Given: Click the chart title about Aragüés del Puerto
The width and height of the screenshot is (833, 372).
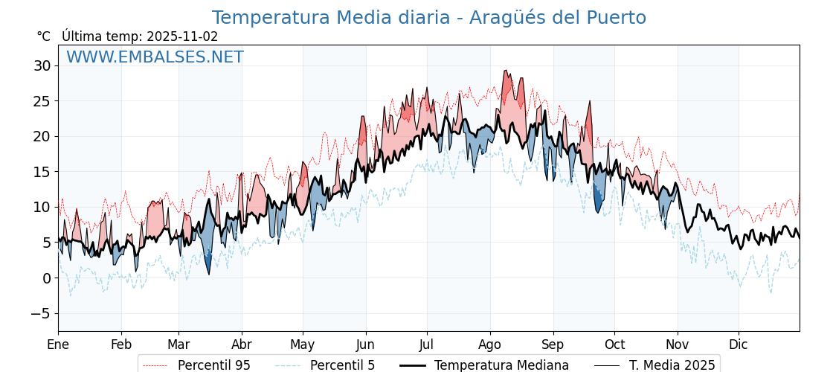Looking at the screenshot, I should (428, 18).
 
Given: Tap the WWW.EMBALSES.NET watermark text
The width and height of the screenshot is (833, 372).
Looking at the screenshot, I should (155, 57).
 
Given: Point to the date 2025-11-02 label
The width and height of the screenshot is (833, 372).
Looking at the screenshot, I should (182, 36).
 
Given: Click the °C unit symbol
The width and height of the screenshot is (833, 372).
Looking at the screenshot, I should (43, 36).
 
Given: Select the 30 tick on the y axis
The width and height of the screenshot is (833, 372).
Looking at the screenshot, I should (42, 65).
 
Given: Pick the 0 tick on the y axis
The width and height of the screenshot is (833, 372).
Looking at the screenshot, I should (46, 278).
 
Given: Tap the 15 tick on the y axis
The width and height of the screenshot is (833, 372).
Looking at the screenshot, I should (42, 172).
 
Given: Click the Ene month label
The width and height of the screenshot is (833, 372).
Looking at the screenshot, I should (58, 344).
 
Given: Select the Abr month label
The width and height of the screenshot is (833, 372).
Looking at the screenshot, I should (242, 344).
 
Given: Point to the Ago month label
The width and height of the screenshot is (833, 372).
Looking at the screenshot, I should (490, 344).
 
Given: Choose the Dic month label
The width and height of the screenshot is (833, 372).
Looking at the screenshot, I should (739, 344).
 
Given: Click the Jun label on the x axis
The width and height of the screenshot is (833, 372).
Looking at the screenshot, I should (366, 344).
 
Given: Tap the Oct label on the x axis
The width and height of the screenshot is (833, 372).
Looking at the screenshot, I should (615, 344).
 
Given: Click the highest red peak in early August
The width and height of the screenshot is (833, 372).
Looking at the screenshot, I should (506, 71).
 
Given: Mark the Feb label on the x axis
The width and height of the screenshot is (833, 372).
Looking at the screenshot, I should (121, 344).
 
